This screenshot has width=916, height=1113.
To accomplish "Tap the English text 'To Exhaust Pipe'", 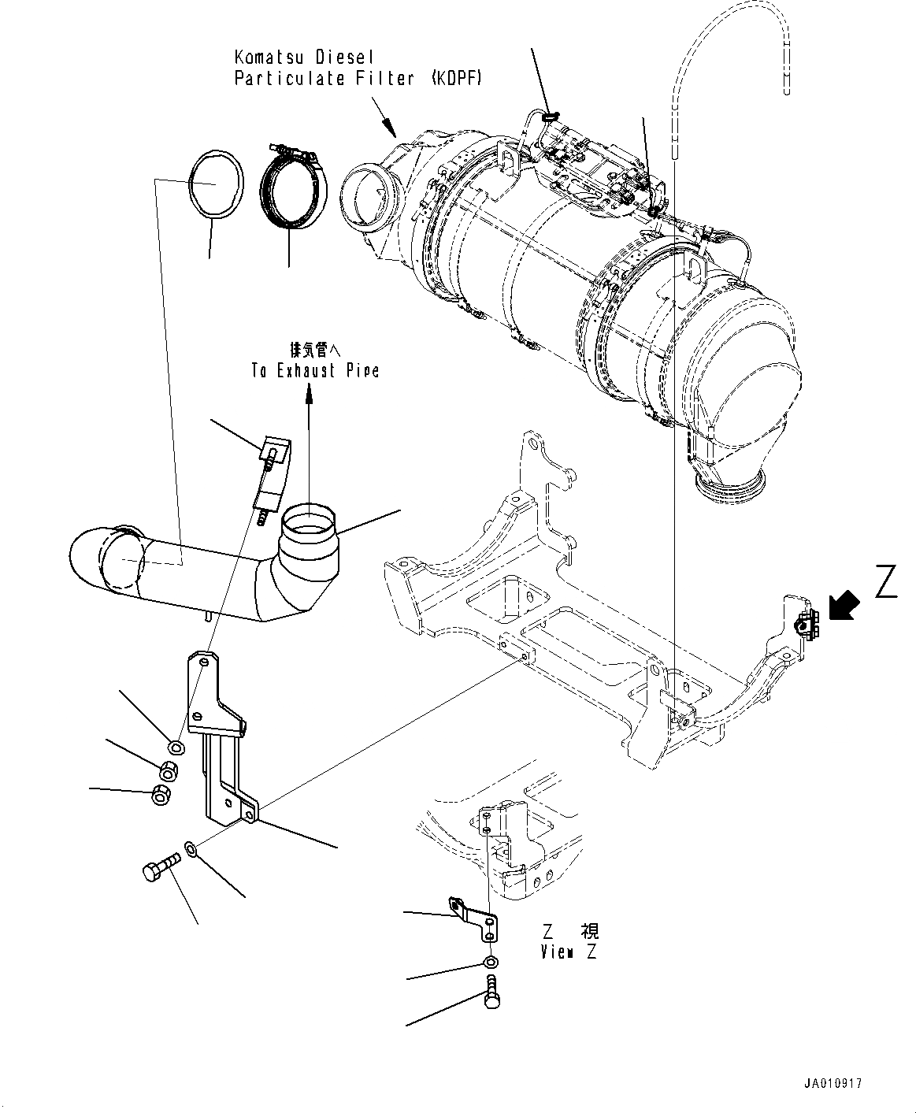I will tap(315, 370).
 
